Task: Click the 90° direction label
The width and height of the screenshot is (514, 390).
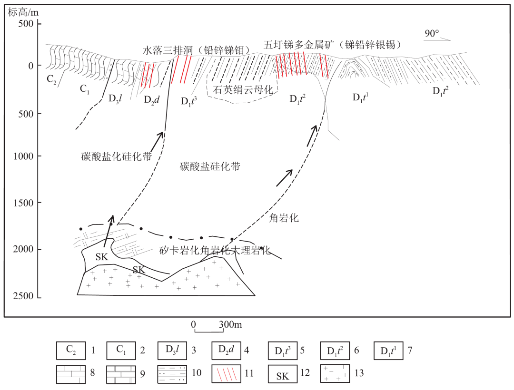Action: (x=432, y=33)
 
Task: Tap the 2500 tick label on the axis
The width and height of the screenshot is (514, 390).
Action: (x=23, y=296)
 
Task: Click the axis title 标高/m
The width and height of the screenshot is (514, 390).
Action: (x=23, y=12)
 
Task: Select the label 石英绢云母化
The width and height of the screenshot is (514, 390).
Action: (x=243, y=89)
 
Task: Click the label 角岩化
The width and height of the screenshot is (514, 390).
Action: (x=284, y=218)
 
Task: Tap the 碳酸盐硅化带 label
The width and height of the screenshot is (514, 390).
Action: (x=210, y=166)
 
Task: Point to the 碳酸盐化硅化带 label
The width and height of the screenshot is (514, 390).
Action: (x=117, y=156)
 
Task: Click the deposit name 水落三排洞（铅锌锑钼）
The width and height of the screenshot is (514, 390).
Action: (x=197, y=50)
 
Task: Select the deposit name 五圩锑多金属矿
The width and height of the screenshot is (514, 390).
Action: (x=299, y=45)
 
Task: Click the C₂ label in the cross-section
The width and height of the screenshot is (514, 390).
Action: (x=51, y=79)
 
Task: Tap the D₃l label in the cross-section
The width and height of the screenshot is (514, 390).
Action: (x=115, y=98)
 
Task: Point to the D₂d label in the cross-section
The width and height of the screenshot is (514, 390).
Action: (x=151, y=99)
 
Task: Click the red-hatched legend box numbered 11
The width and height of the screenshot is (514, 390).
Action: (x=226, y=374)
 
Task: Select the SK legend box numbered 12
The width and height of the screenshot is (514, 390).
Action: (x=283, y=374)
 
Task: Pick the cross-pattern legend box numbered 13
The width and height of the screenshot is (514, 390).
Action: (x=335, y=374)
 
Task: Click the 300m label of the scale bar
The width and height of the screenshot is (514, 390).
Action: (x=230, y=324)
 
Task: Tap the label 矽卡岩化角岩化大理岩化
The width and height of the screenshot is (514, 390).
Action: (x=215, y=251)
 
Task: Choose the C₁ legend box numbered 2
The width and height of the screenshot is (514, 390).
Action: (x=121, y=351)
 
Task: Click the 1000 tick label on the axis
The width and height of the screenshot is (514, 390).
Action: (x=23, y=156)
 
